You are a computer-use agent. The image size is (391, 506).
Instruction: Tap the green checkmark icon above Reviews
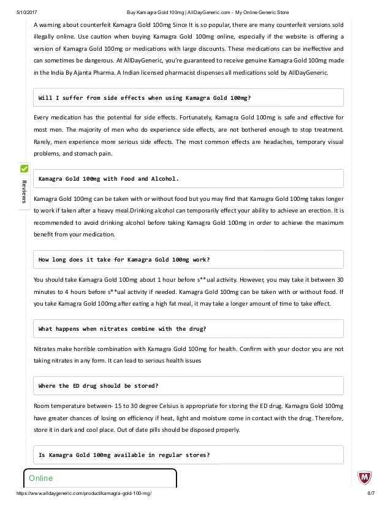pos(25,168)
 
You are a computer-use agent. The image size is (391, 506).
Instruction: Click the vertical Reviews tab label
pos(25,191)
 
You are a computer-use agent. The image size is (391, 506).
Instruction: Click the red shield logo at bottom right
pos(364,478)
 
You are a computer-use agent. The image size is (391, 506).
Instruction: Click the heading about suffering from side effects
pos(145,97)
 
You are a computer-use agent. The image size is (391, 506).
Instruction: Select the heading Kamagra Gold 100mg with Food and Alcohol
pos(108,178)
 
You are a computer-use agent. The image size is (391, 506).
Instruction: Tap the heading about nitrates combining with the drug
pos(122,328)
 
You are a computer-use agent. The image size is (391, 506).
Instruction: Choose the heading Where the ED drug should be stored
pos(99,385)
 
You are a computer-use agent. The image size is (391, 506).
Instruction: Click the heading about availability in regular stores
pos(124,455)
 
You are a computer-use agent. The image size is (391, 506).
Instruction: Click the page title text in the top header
pos(195,12)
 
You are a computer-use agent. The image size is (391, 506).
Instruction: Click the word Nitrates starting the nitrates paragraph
pos(47,349)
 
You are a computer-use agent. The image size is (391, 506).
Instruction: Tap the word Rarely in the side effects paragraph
pos(44,142)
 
